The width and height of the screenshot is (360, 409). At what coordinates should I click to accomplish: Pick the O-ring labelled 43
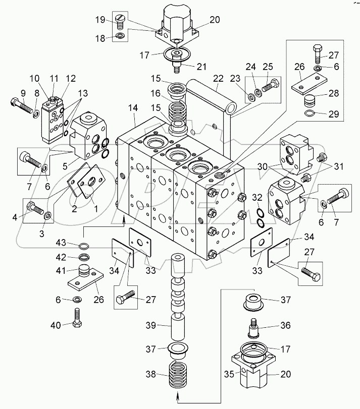[x=86, y=247]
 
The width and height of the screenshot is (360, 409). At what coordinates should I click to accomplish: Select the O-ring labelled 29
[x=312, y=113]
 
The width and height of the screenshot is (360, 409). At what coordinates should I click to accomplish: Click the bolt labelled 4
[x=35, y=207]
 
